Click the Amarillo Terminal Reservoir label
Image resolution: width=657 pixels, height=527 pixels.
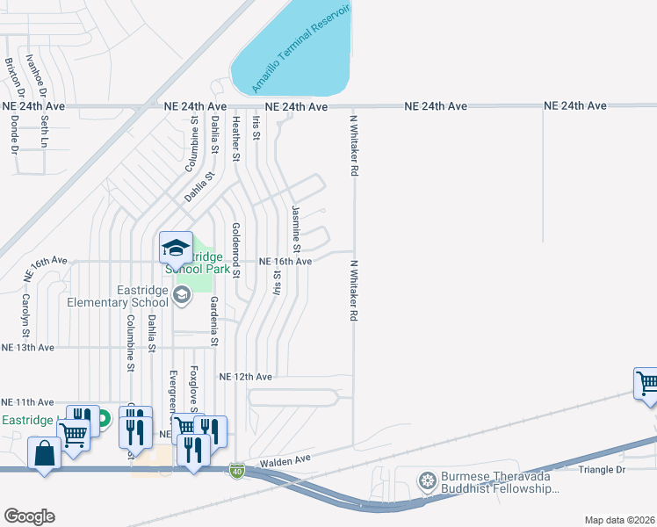pos(300,49)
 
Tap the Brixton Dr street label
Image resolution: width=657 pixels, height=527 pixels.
pos(11,77)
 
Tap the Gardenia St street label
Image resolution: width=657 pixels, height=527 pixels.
pos(213,320)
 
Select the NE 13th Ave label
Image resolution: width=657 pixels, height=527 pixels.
pos(28,348)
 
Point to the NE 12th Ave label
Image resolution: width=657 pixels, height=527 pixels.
pos(246,377)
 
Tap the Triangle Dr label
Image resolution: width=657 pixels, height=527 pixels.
pos(601,470)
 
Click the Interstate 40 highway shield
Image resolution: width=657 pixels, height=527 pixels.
pos(236,473)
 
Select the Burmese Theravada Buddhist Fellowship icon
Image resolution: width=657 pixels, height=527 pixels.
pos(428,480)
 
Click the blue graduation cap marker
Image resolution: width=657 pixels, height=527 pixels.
pos(176,247)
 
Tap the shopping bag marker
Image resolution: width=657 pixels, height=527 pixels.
pos(44,453)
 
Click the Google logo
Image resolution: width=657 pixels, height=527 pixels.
pos(29,516)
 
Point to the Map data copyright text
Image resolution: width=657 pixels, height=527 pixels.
pos(619,520)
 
